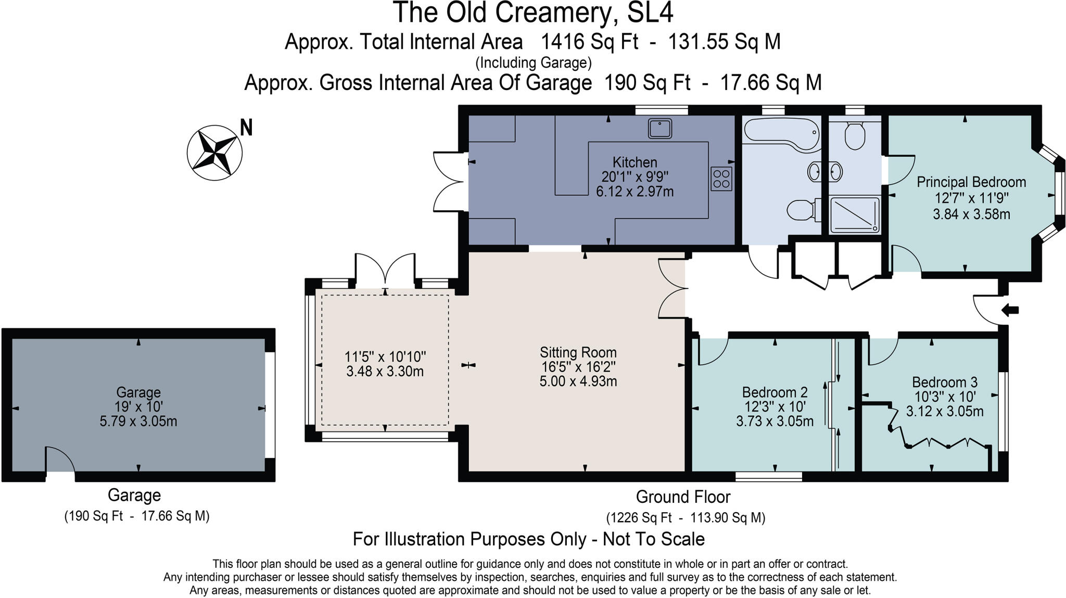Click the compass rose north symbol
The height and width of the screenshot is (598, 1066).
[214, 152]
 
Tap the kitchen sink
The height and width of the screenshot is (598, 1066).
[660, 128]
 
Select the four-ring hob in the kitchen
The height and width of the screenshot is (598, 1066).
[721, 179]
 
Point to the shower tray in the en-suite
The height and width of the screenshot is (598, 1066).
[854, 214]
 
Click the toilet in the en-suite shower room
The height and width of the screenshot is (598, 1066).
[855, 135]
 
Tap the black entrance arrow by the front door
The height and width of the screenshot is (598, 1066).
[1010, 311]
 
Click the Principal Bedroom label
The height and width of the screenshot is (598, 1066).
[971, 182]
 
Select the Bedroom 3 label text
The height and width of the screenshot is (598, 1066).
[945, 382]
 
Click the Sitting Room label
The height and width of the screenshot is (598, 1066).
[578, 352]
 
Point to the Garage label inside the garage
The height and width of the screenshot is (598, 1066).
[138, 392]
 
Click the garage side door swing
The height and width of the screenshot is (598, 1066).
[59, 460]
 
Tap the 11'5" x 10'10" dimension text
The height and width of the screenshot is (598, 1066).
[385, 357]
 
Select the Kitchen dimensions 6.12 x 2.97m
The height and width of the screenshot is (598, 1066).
[634, 192]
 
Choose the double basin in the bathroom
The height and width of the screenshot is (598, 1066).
[825, 172]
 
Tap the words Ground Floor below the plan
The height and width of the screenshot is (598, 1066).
[683, 497]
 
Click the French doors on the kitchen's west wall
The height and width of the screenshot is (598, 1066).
[449, 182]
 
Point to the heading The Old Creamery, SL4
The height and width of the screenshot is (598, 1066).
[532, 12]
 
